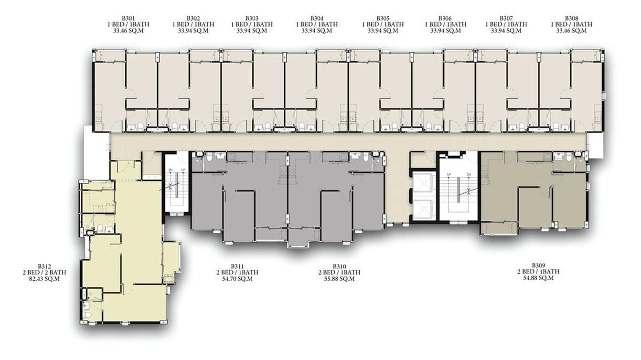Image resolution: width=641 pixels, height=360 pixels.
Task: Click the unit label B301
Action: click(128, 18)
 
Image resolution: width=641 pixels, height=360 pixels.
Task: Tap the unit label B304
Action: click(317, 18)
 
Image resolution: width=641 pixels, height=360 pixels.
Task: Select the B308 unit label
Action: click(571, 18)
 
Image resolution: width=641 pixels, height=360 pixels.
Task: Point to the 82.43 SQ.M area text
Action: click(44, 278)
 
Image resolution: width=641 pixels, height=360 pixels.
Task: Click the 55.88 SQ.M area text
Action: click(340, 278)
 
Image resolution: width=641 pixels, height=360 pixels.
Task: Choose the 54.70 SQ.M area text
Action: click(237, 278)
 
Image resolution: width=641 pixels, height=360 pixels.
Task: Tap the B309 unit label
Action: click(538, 265)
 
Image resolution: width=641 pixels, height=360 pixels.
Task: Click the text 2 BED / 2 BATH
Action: click(44, 272)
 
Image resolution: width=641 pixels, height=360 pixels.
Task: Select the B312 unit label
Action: click(44, 266)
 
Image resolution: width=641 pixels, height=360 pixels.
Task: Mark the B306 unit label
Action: click(445, 18)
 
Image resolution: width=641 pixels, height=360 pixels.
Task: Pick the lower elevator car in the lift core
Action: click(423, 210)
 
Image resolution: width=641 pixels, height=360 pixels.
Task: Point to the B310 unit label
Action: click(340, 266)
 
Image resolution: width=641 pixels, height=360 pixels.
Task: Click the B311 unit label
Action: click(237, 266)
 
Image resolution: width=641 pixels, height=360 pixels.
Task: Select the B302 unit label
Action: click(193, 18)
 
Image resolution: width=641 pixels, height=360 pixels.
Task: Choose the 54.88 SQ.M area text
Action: click(538, 278)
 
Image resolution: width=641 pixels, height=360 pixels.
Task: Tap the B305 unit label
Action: click(383, 18)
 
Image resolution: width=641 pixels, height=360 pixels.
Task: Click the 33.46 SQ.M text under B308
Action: click(571, 30)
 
